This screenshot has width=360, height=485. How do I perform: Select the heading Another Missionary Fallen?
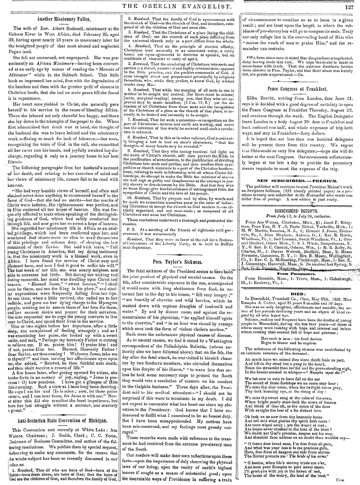click(x=59, y=19)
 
